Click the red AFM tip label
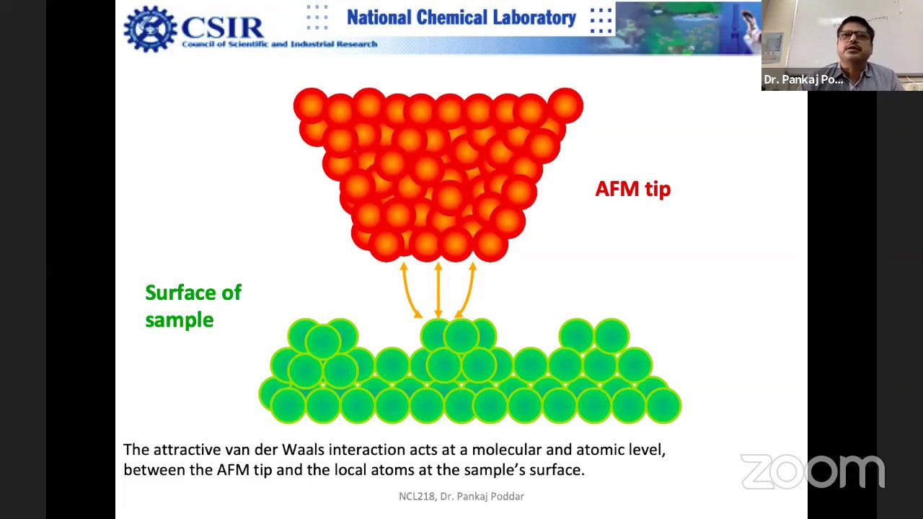click(x=632, y=189)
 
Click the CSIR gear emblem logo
click(x=150, y=30)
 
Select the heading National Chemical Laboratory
click(x=461, y=18)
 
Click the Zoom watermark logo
click(x=812, y=471)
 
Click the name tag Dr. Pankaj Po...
click(x=803, y=79)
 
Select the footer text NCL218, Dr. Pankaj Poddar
click(x=461, y=496)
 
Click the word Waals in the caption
click(x=303, y=450)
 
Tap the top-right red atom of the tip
click(x=565, y=105)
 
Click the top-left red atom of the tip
click(x=311, y=105)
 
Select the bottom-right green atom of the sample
click(x=663, y=405)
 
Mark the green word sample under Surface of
click(x=179, y=320)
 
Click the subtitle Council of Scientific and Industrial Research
click(x=279, y=44)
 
